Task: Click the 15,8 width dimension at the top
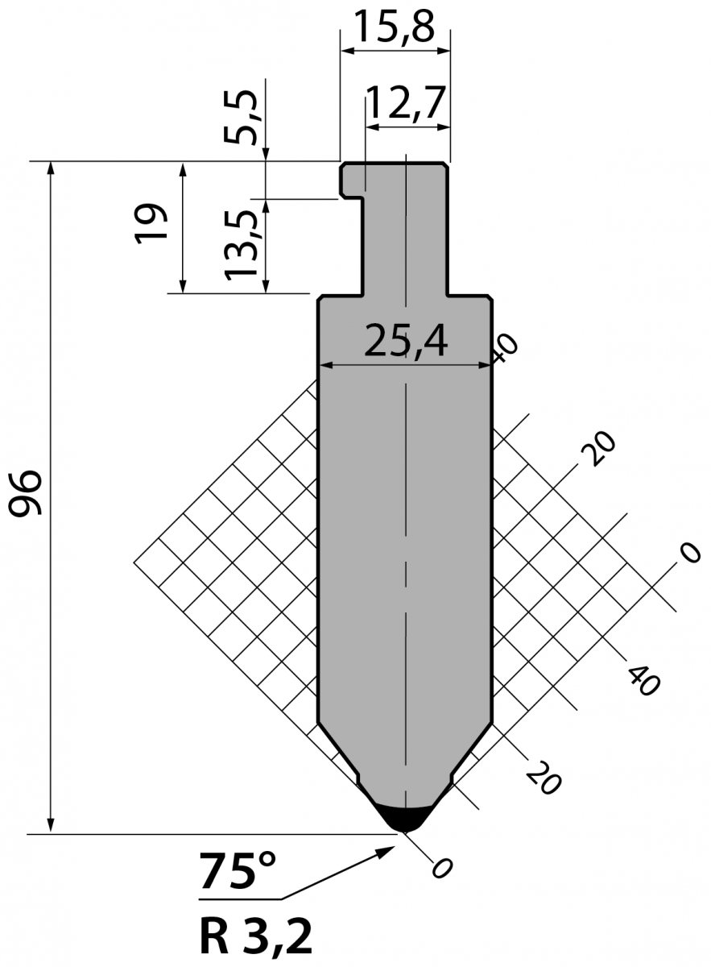click(394, 27)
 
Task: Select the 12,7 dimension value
click(405, 103)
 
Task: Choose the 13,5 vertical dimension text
click(242, 244)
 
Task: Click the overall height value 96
click(25, 492)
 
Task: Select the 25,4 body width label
click(406, 342)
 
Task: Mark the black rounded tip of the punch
click(405, 819)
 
